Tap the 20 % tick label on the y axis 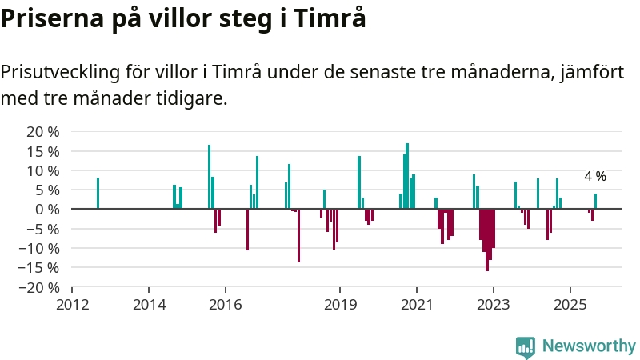(43, 132)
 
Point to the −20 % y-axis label (39, 287)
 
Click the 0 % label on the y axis (47, 210)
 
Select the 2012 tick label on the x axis (72, 304)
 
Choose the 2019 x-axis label (340, 304)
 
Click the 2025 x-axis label (570, 304)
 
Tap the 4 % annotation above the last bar (595, 176)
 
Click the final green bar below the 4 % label (595, 201)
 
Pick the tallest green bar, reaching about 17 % (407, 176)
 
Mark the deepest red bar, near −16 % (486, 240)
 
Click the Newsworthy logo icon (526, 346)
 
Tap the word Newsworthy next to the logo (589, 346)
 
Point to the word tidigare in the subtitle (193, 99)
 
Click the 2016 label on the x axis (225, 304)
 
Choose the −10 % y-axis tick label (39, 248)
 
